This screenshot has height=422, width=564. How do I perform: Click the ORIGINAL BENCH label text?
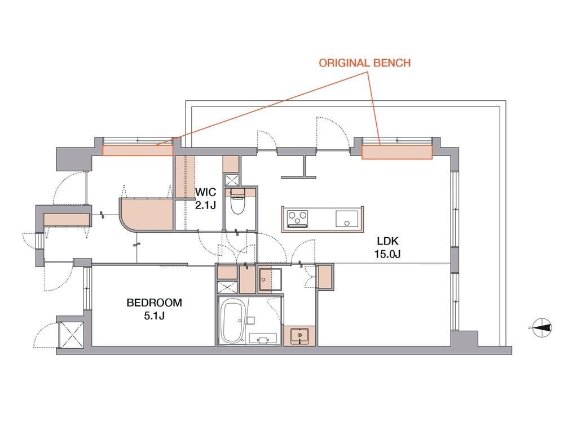tap(365, 63)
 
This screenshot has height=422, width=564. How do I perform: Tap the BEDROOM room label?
tap(154, 303)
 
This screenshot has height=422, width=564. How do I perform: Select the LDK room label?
tap(387, 241)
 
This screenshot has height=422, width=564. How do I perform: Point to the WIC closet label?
tap(206, 192)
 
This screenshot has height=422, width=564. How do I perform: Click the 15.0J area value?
tap(387, 254)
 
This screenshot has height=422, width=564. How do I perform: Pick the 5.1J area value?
tap(155, 316)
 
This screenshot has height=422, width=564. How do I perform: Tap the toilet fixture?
tap(237, 201)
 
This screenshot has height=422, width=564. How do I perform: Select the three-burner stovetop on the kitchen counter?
tap(297, 219)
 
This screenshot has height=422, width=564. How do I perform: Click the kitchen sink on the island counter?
tap(347, 219)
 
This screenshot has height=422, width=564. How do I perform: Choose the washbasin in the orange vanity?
tap(299, 336)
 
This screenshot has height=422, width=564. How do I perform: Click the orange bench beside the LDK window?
tap(396, 152)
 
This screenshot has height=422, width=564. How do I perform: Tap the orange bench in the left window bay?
tap(138, 150)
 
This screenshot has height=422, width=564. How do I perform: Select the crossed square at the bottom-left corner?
tap(71, 335)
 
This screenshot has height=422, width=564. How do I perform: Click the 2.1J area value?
tap(205, 205)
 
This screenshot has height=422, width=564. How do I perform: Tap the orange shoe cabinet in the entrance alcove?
tap(67, 220)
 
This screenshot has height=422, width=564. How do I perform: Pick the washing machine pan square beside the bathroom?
tap(270, 279)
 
